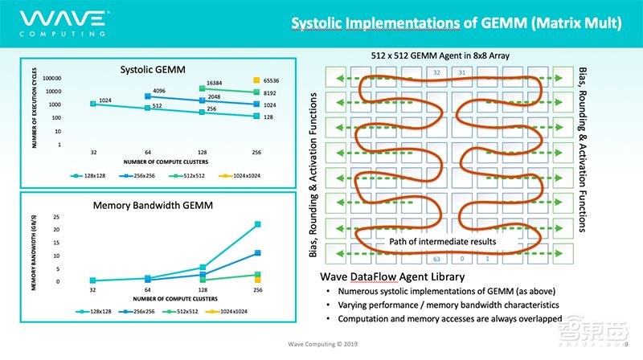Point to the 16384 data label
tap(212, 82)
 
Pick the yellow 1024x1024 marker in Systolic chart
tap(257, 80)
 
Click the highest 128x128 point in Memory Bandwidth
tap(257, 224)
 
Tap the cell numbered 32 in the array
tap(437, 72)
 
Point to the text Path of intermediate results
tap(441, 241)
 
